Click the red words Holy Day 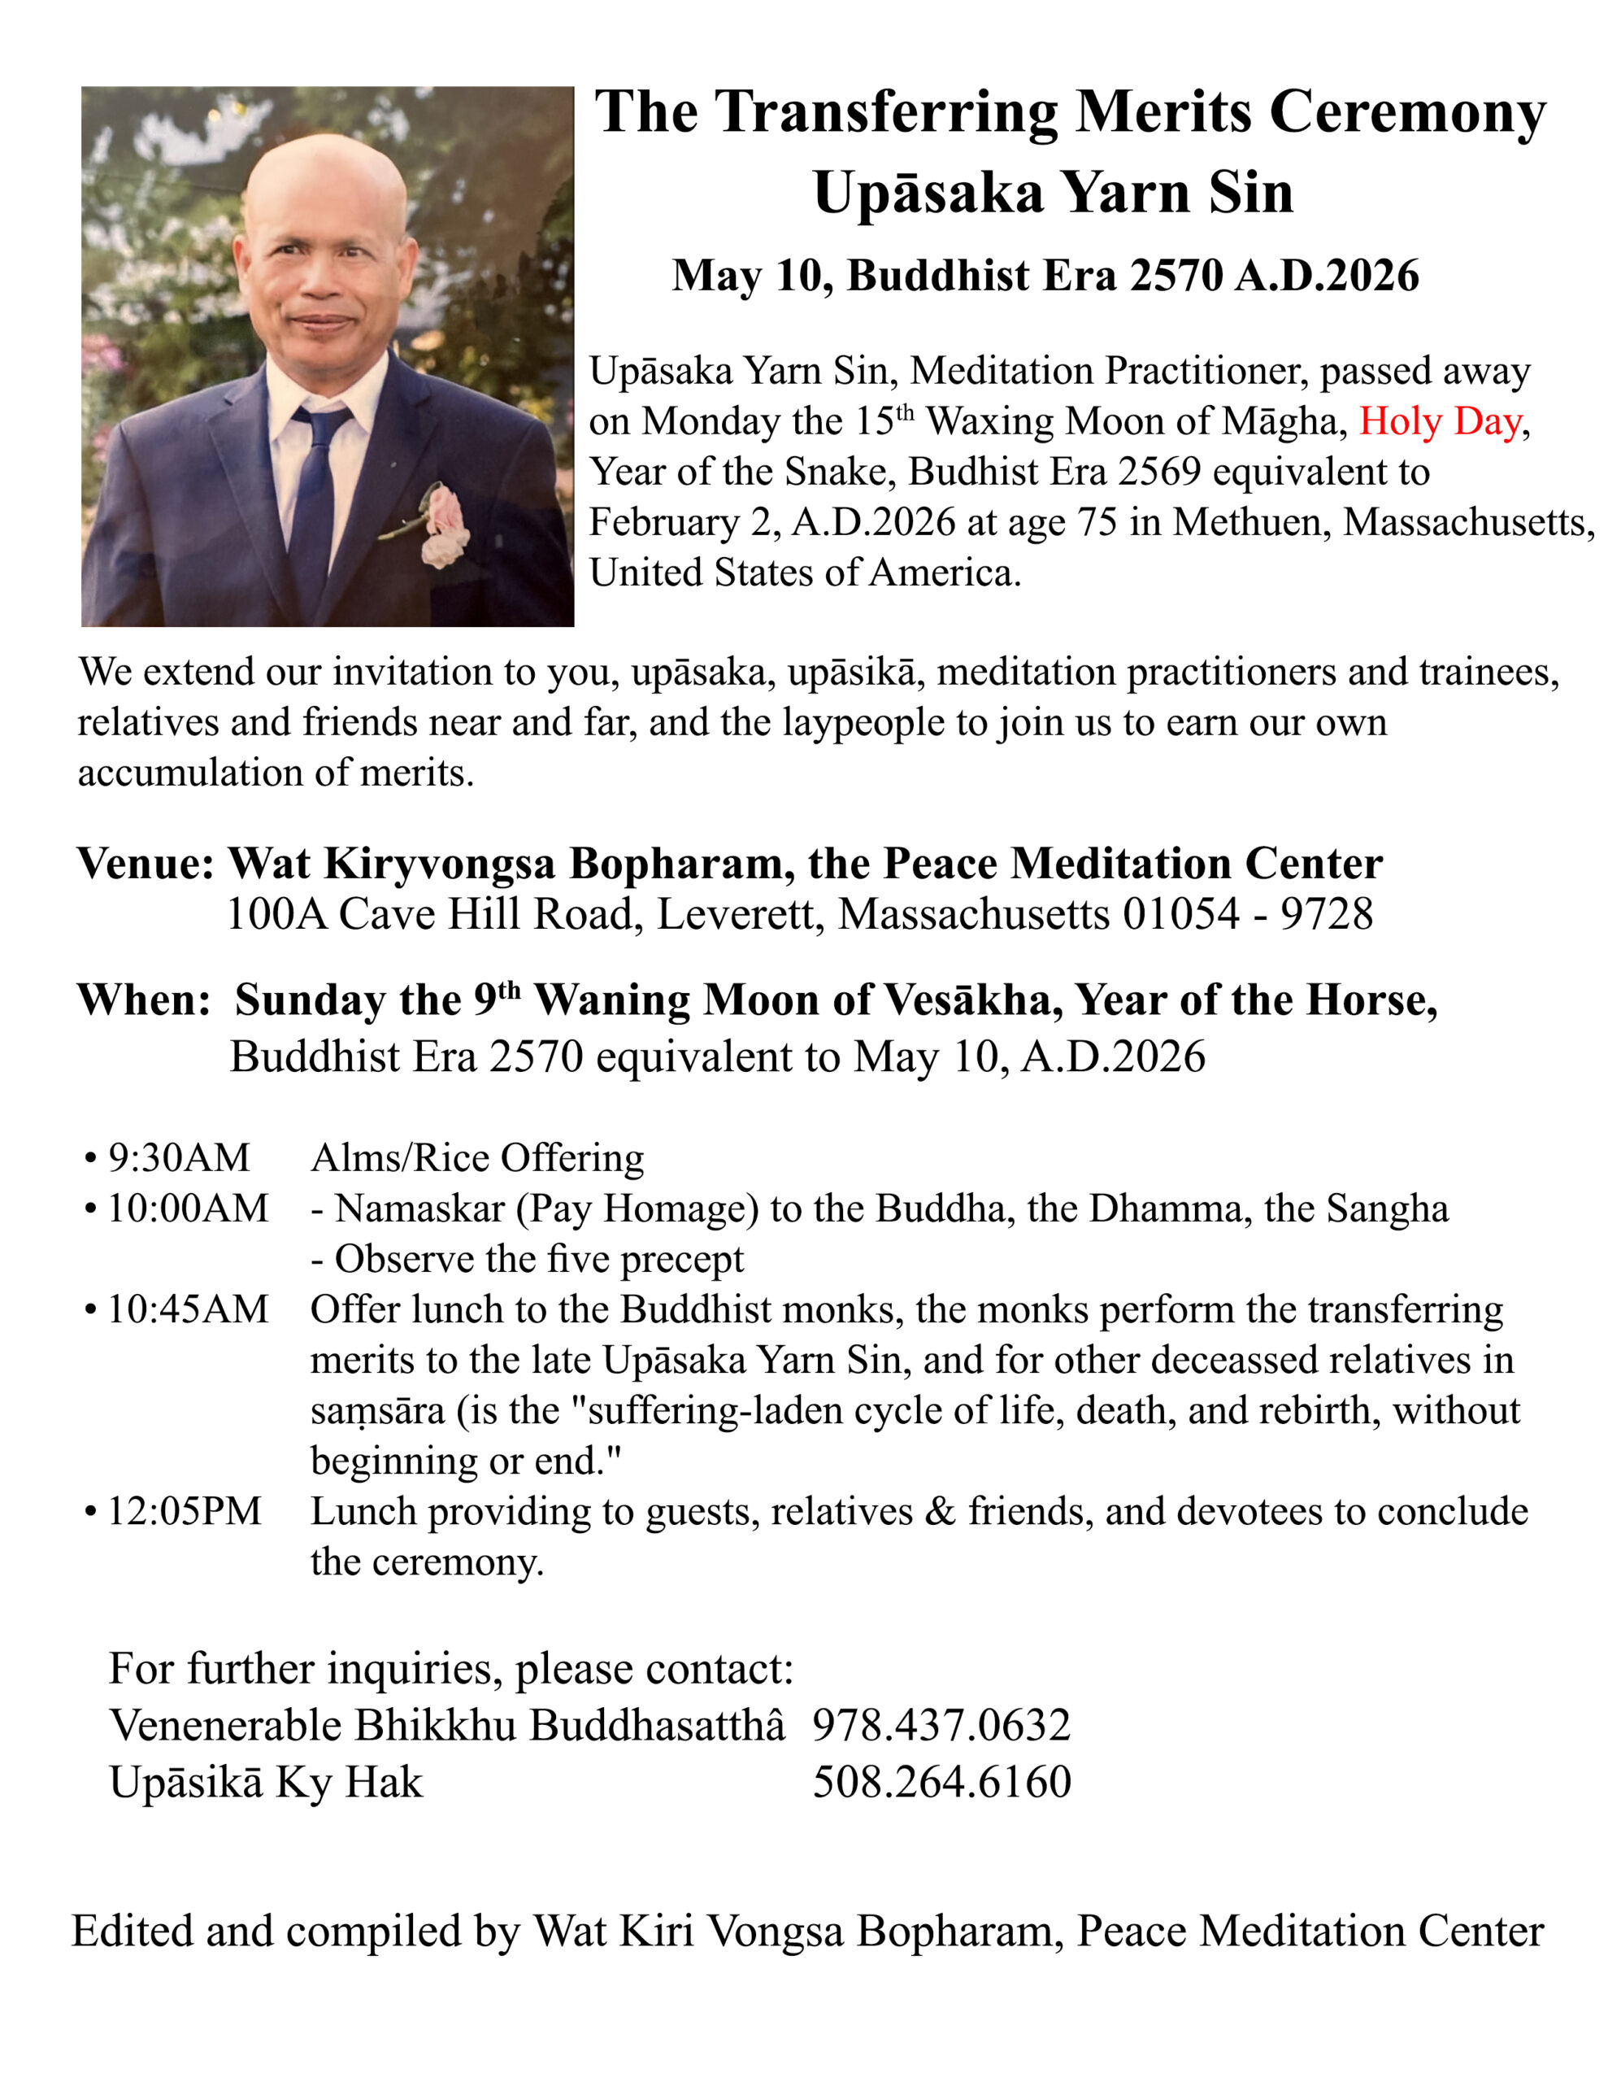(x=1438, y=421)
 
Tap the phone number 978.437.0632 (x=941, y=1726)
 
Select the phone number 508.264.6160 (x=941, y=1782)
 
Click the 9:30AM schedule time (x=178, y=1158)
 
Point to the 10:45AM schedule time (x=187, y=1310)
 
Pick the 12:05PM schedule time (x=183, y=1512)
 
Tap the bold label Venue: (x=146, y=864)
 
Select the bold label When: (x=143, y=1000)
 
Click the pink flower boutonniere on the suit (x=444, y=525)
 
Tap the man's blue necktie (x=315, y=496)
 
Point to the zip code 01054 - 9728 (x=1248, y=914)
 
